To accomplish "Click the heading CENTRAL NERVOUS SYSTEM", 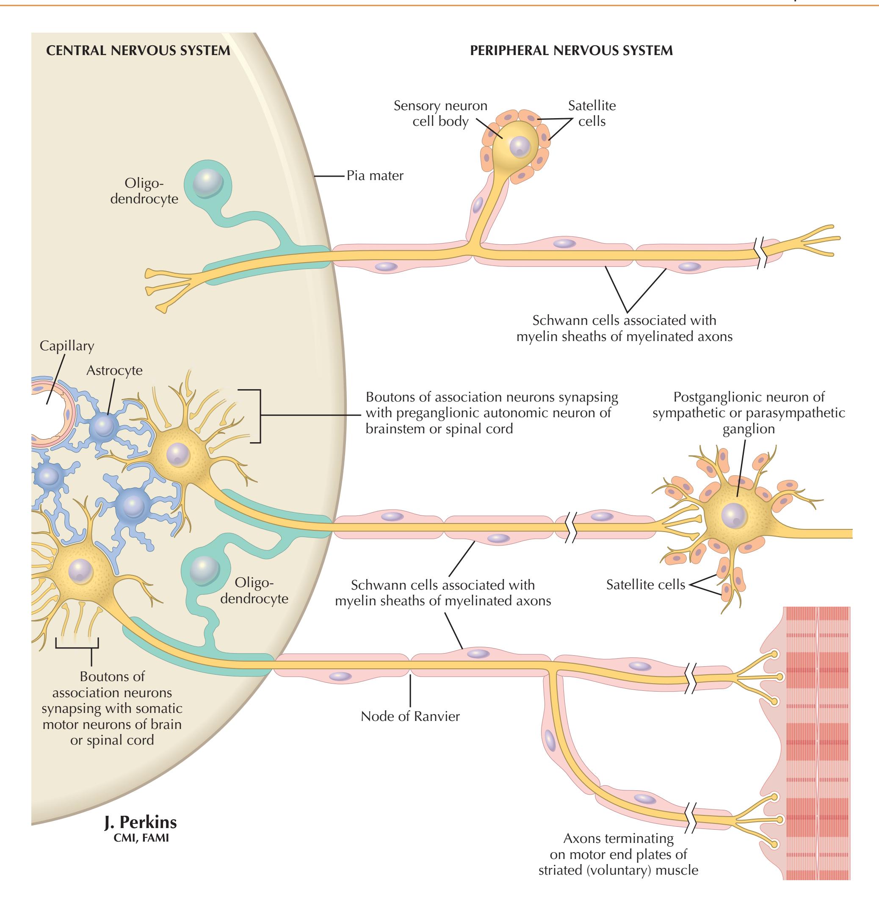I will pos(138,50).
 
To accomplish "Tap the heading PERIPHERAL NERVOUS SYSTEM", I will pos(571,50).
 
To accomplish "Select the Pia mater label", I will pos(375,176).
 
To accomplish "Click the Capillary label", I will pos(66,346).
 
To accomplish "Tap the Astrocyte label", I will pos(114,370).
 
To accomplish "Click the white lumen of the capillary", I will pos(44,409).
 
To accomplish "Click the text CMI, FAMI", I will pos(141,837).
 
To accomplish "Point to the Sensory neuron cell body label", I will pos(440,114).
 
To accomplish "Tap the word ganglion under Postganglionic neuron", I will pos(749,429).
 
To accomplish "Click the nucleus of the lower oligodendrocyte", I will pos(204,568).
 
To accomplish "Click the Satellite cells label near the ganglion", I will pos(645,585).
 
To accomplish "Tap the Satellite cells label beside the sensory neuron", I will pos(592,113).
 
